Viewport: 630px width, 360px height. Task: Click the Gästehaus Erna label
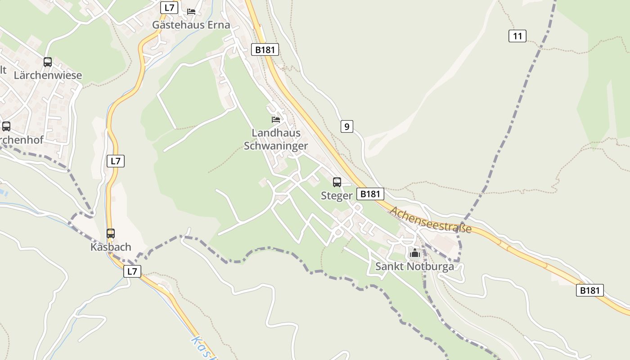click(191, 25)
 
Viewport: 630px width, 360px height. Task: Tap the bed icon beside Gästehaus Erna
click(191, 11)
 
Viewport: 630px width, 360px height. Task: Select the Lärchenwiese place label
click(48, 75)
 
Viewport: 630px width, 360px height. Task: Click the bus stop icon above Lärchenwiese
click(48, 62)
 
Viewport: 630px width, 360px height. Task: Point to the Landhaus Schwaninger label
click(276, 139)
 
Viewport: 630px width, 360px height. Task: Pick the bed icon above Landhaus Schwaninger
click(276, 119)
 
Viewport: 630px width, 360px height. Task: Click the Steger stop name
click(336, 196)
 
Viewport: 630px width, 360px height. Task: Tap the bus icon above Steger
click(337, 182)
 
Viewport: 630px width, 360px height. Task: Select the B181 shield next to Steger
click(370, 194)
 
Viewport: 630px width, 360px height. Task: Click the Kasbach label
click(111, 247)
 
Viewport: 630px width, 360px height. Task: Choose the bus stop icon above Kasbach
click(111, 234)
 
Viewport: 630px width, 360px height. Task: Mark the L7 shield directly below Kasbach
click(132, 271)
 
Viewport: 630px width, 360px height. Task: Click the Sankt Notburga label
click(414, 266)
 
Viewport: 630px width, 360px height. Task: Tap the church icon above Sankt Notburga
click(414, 253)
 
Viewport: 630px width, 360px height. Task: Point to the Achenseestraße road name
click(431, 220)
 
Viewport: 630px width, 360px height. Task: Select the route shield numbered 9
click(346, 127)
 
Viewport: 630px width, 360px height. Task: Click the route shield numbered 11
click(517, 36)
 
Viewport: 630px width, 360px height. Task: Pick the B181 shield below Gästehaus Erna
click(265, 50)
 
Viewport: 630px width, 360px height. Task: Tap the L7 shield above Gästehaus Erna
click(169, 8)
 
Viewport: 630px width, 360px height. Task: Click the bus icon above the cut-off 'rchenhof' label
click(6, 126)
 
